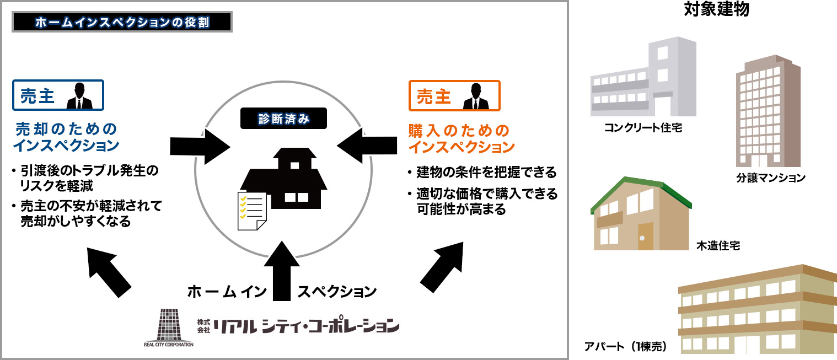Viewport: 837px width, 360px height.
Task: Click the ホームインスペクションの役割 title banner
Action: (x=121, y=23)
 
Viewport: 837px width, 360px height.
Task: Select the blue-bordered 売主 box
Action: (x=58, y=96)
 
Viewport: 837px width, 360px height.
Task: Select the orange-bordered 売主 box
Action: (x=454, y=96)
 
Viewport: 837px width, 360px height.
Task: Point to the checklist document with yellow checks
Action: (x=251, y=211)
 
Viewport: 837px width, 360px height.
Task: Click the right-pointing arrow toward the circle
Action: (x=199, y=146)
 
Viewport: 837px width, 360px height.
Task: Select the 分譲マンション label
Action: (x=770, y=178)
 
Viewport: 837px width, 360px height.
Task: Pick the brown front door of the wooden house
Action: (x=645, y=238)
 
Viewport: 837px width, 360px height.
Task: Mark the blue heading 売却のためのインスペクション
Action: (x=67, y=138)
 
